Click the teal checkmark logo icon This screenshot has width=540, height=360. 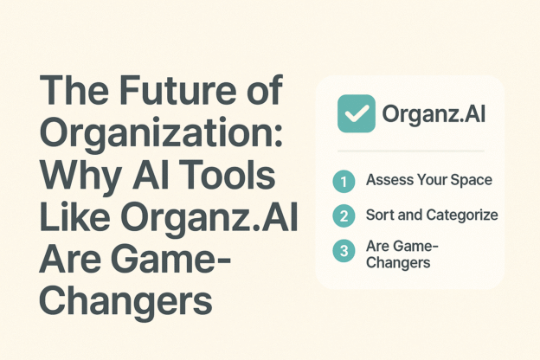click(357, 114)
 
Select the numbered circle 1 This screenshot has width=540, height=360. click(344, 182)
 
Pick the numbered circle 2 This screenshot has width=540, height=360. click(344, 215)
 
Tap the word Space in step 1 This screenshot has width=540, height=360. click(472, 181)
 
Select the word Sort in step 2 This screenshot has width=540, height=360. click(379, 215)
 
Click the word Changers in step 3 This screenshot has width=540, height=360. click(398, 262)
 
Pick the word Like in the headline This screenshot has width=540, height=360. click(76, 219)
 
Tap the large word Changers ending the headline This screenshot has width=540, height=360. click(125, 301)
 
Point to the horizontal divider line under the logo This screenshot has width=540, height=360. click(409, 151)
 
